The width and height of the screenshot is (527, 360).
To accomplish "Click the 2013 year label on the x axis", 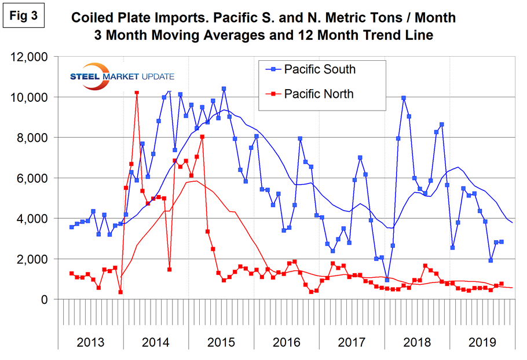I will coord(91,341).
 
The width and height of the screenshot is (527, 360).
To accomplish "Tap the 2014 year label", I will coord(155,341).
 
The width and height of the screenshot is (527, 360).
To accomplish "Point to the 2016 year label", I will coord(286,341).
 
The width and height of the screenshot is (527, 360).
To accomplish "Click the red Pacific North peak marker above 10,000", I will coord(137,92).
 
